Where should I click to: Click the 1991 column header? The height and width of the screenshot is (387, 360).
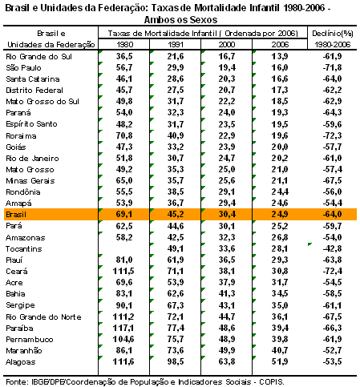tap(176, 44)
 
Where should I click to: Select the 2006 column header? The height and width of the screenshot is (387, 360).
tap(280, 44)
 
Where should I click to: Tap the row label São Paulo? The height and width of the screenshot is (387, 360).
tap(23, 67)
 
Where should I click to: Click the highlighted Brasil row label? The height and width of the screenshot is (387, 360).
tap(16, 215)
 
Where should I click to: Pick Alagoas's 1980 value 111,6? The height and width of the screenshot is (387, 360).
tap(123, 361)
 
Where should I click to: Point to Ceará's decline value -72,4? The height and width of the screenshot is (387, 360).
tap(332, 271)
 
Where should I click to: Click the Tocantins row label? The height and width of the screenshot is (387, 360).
tap(24, 249)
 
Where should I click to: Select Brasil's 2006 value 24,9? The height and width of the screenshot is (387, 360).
tap(280, 214)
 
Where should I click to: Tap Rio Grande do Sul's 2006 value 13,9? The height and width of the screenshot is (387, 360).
tap(280, 56)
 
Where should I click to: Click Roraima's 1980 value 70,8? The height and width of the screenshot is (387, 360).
tap(124, 135)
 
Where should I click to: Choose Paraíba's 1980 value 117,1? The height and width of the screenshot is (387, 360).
tap(123, 328)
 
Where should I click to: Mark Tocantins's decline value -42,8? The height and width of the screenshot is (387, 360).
tap(332, 248)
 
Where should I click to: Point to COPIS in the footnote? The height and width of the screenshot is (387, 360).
tap(272, 381)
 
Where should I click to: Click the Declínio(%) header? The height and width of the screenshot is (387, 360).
tap(333, 34)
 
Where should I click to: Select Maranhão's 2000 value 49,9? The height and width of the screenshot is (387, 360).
tap(227, 350)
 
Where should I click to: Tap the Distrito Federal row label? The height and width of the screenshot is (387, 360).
tap(34, 91)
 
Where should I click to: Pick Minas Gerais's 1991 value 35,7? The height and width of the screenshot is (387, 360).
tap(176, 180)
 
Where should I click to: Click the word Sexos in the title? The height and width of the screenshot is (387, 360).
tap(204, 20)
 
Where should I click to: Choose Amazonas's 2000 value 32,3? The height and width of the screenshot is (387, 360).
tap(227, 237)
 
